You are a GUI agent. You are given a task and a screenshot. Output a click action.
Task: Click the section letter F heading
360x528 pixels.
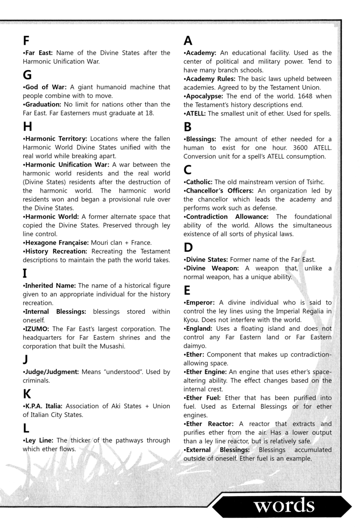27,41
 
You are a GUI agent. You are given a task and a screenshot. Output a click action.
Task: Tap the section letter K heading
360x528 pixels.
27,394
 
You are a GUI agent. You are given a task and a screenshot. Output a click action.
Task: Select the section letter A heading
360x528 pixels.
189,41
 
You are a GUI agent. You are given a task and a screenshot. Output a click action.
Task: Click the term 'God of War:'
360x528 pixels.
45,87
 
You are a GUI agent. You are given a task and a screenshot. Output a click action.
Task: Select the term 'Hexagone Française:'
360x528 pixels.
57,243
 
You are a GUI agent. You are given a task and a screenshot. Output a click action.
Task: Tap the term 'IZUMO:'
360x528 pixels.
38,329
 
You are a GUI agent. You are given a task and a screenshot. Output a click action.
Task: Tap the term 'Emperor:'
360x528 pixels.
200,302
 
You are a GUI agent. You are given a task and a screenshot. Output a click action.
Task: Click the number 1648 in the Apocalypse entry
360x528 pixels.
309,96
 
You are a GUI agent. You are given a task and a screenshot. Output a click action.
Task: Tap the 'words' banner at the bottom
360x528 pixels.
283,506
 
